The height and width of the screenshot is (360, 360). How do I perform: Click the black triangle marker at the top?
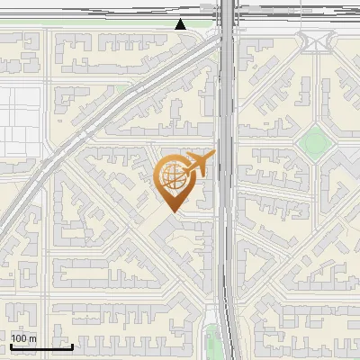click(181, 24)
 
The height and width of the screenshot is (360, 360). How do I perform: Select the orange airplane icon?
click(197, 166)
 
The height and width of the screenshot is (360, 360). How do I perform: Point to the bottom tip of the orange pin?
click(172, 211)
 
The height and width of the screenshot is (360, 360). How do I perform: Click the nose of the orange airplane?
click(213, 155)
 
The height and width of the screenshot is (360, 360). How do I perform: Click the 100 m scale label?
click(24, 338)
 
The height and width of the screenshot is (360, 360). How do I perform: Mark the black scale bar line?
click(41, 346)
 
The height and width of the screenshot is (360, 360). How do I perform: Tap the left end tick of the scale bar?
click(11, 345)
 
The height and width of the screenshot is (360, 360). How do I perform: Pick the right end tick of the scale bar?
click(73, 345)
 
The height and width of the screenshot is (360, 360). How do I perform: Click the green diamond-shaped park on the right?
click(314, 140)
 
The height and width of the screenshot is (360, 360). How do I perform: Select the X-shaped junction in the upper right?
click(317, 41)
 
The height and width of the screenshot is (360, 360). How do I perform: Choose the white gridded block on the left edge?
click(20, 121)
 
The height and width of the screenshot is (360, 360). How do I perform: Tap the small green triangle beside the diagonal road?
click(121, 88)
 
